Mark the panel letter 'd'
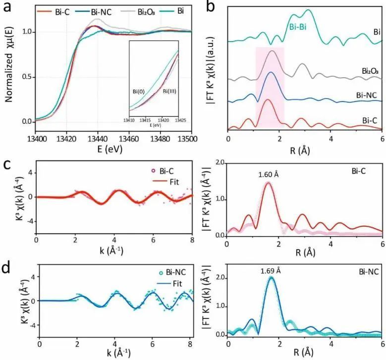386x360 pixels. pyautogui.click(x=8, y=257)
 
